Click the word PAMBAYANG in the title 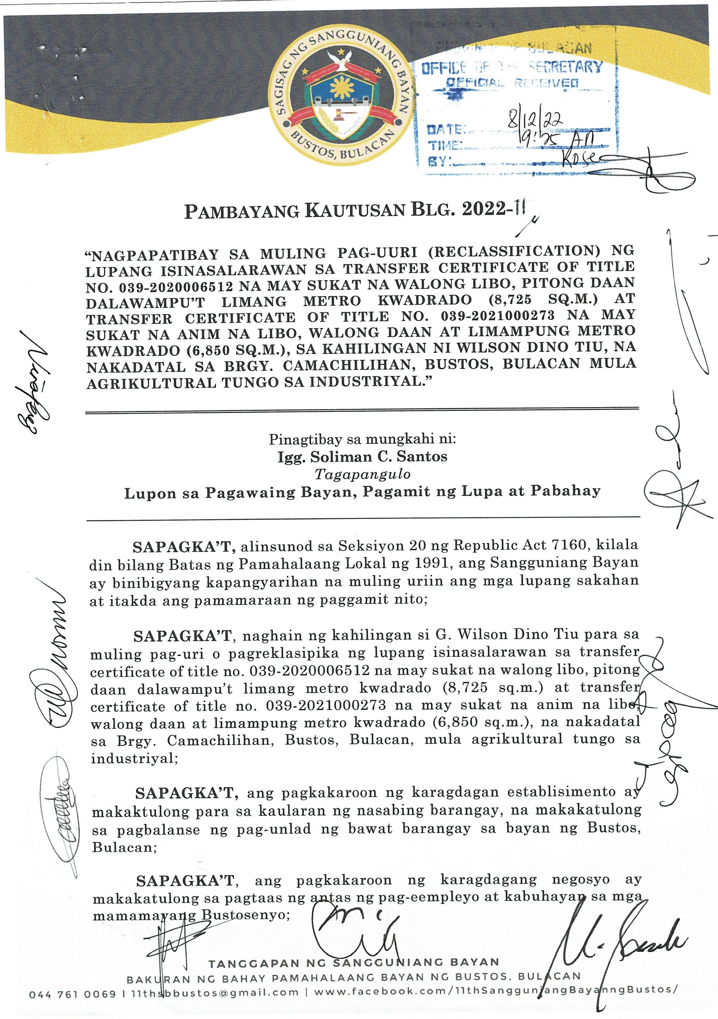(x=241, y=211)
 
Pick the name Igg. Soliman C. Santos (x=362, y=457)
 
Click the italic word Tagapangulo (x=362, y=474)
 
